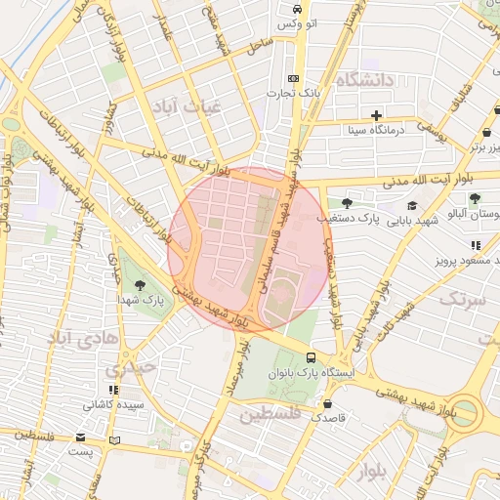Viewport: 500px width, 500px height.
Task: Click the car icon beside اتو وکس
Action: coord(295,9)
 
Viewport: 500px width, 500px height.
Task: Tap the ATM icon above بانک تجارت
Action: coord(293,79)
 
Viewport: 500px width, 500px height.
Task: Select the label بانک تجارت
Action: coord(293,94)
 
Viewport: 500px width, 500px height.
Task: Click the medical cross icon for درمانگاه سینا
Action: coord(376,115)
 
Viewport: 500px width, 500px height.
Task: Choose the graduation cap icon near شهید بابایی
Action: coord(413,205)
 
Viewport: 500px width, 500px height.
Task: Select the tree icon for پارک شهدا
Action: coord(142,286)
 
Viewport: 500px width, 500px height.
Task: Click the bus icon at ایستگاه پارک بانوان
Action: coord(311,358)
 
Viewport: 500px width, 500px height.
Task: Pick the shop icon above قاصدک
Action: coord(326,402)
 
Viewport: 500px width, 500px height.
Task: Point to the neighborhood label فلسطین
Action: coord(272,414)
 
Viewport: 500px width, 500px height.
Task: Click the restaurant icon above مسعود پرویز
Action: coord(475,245)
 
